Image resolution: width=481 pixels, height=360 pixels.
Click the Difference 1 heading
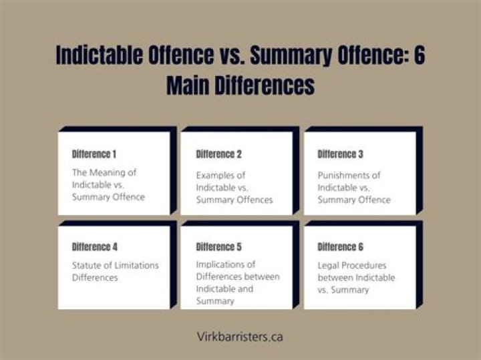pos(95,154)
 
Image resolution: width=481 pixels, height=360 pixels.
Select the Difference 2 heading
pos(219,154)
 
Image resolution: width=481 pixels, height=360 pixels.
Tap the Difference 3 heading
pos(341,154)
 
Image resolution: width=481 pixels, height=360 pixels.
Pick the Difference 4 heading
pos(95,247)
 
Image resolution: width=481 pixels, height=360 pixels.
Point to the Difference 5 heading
pos(219,247)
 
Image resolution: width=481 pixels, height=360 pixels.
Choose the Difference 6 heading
pos(341,247)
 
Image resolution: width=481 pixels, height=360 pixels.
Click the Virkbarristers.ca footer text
pos(240,337)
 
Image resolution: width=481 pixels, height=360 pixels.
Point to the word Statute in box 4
pos(87,265)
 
